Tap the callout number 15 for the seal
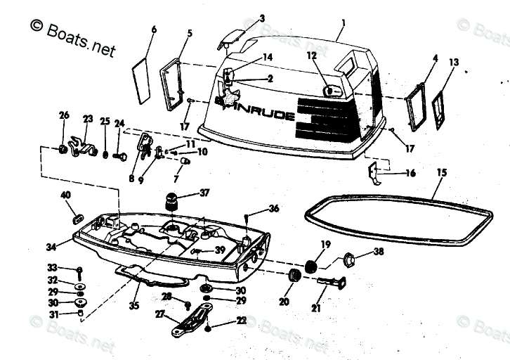[x=441, y=172]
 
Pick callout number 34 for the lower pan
[x=51, y=247]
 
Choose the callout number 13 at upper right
[x=454, y=63]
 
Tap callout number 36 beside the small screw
[x=274, y=208]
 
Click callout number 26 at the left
[x=64, y=115]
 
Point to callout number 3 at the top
[x=261, y=18]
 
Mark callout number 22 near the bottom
[x=242, y=321]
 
